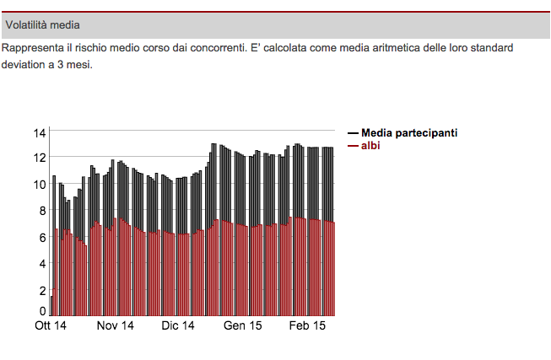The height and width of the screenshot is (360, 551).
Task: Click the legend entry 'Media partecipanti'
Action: point(409,133)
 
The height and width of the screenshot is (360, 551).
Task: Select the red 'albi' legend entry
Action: point(371,145)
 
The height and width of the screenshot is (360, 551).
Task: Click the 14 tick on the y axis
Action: point(40,133)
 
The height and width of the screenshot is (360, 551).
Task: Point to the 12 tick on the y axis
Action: point(40,158)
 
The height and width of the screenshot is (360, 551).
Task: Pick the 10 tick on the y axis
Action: point(40,185)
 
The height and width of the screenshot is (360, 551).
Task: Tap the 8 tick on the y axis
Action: point(42,211)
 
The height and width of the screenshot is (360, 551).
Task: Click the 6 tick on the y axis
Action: point(42,238)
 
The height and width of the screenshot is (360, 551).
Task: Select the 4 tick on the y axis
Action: point(42,264)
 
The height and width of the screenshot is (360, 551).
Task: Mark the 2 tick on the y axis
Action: point(42,291)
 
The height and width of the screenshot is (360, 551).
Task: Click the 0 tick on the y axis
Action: point(42,312)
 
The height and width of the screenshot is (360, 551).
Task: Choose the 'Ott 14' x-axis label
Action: point(51,326)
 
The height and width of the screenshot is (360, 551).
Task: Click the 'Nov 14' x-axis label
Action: point(116,326)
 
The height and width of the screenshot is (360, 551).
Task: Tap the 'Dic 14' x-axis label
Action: point(178,326)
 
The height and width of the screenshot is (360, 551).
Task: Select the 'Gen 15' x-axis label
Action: point(243,326)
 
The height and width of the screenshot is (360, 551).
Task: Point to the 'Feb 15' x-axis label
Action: point(307,326)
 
